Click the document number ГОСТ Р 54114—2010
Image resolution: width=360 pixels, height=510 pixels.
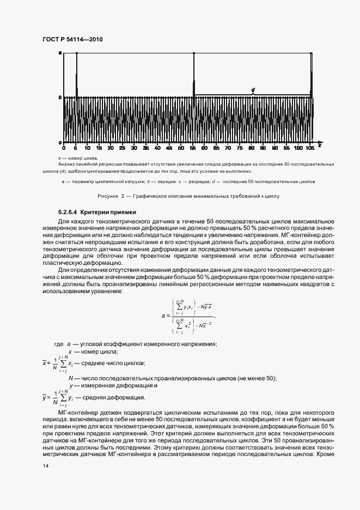pos(72,40)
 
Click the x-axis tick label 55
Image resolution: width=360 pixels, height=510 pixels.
pos(194,148)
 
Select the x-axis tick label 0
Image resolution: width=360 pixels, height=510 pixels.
pos(64,148)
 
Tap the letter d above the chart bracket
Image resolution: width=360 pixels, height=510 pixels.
pos(253,89)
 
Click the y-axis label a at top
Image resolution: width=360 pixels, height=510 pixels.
pos(60,53)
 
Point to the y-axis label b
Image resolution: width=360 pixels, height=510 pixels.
pos(60,98)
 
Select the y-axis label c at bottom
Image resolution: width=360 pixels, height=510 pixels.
pos(60,143)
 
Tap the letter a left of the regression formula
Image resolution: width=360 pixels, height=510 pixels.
pos(163,315)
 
